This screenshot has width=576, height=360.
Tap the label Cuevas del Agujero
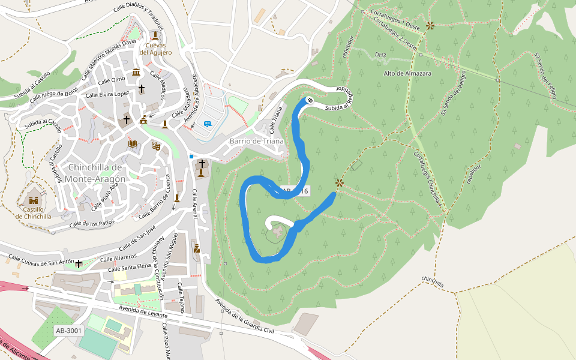pyautogui.click(x=155, y=49)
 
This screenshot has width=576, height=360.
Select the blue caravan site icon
pyautogui.click(x=207, y=124)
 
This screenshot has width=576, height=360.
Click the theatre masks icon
pyautogui.click(x=155, y=145)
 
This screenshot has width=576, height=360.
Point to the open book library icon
pyautogui.click(x=132, y=144)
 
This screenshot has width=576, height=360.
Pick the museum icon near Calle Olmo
pyautogui.click(x=136, y=73)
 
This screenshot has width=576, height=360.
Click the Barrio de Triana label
pyautogui.click(x=256, y=141)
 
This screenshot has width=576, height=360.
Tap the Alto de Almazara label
pyautogui.click(x=407, y=73)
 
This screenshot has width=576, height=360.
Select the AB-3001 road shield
pyautogui.click(x=68, y=331)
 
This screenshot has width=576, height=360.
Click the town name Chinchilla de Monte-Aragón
pyautogui.click(x=97, y=173)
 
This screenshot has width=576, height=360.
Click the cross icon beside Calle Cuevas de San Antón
pyautogui.click(x=79, y=263)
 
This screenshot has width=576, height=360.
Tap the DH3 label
pyautogui.click(x=380, y=55)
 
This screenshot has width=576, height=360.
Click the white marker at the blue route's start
pyautogui.click(x=310, y=100)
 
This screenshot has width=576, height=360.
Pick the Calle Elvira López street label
pyautogui.click(x=108, y=95)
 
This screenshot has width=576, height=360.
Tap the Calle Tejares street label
pyautogui.click(x=181, y=298)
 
